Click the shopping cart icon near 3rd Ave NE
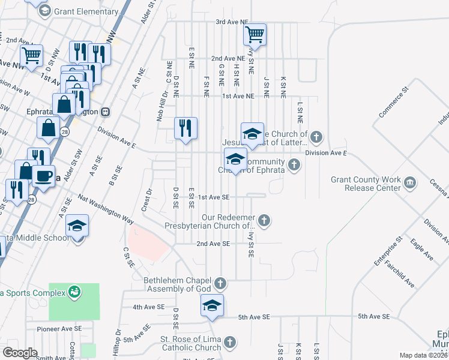pos(255,34)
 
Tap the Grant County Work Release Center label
pos(366,183)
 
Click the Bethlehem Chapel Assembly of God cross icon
pos(220,283)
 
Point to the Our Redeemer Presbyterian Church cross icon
pos(264,221)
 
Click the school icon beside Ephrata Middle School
pos(77,226)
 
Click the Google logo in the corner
pos(20,353)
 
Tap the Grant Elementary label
pos(86,11)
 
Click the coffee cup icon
pos(43,176)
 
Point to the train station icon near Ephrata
pos(106,111)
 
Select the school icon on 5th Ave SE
pos(212,305)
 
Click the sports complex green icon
pos(74,292)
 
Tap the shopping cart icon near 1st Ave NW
pos(31,56)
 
